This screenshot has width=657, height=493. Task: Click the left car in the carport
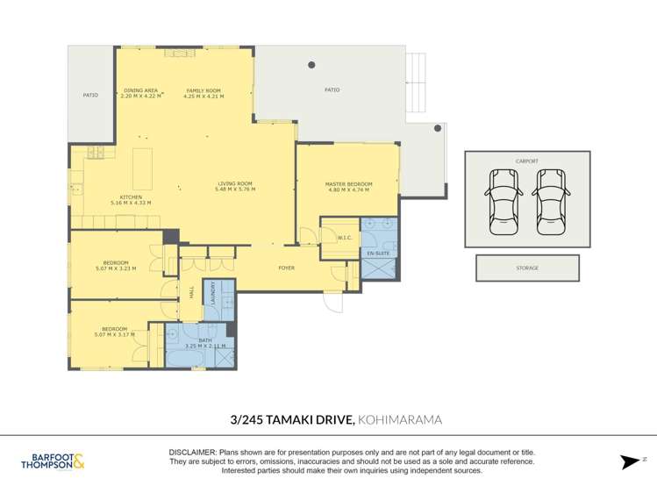tap(503, 202)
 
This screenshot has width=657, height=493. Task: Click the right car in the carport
tap(551, 202)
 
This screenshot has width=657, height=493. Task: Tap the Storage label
tap(527, 268)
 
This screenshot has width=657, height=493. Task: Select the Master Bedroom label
tap(348, 184)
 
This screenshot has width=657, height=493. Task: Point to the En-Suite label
tap(378, 254)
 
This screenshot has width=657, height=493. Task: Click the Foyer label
tap(287, 268)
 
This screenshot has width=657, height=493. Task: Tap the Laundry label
tap(213, 293)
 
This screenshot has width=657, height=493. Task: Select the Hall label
tap(192, 294)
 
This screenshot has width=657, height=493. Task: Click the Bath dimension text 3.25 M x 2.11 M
tap(205, 347)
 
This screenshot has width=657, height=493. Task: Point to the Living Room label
tap(235, 183)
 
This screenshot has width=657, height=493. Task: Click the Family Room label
tap(204, 90)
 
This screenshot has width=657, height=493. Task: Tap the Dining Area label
tap(140, 90)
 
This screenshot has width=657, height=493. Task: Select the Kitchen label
tap(131, 197)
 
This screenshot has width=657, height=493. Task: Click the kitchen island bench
tap(142, 168)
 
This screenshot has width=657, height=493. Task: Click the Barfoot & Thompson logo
tap(53, 461)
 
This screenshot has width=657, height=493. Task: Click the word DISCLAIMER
tap(193, 453)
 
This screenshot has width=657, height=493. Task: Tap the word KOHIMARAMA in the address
tap(400, 419)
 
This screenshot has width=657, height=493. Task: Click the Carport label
tap(527, 161)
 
